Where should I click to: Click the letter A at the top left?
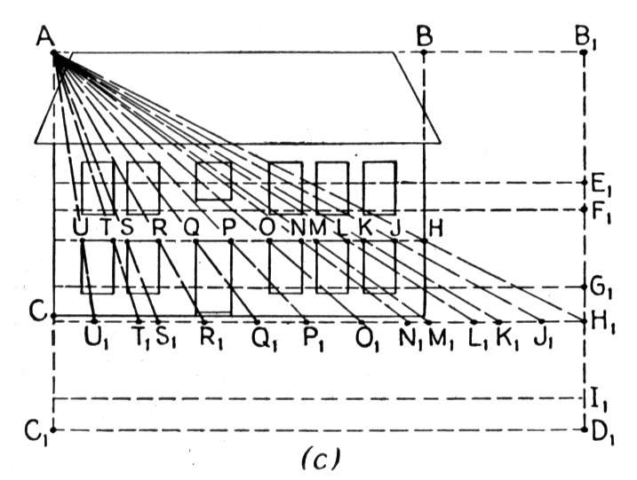45,37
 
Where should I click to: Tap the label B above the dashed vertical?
425,37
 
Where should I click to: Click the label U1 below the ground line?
97,338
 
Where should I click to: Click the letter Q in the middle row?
192,228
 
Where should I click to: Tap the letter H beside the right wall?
435,229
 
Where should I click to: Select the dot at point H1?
585,321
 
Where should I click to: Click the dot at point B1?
584,52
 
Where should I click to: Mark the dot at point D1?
585,429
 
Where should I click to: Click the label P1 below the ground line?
314,338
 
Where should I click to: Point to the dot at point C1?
52,429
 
